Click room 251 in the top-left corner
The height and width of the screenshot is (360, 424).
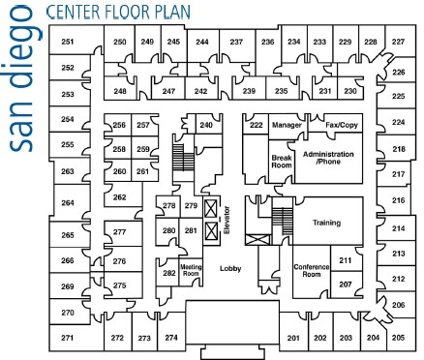[x=68, y=43]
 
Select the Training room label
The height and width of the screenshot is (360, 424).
[x=326, y=224]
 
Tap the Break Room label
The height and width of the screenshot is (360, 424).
[x=281, y=162]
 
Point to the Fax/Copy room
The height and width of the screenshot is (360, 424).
[x=341, y=126]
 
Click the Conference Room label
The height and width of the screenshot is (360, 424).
[x=312, y=271]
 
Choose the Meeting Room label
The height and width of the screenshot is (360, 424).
[x=191, y=270]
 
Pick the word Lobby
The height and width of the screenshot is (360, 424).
[x=230, y=269]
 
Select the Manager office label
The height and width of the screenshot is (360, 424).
[x=288, y=126]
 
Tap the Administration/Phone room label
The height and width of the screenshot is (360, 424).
[x=328, y=158]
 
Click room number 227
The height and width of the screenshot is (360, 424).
[x=398, y=43]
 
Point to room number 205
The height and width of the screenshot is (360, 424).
[x=398, y=337]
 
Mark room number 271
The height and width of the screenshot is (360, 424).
[x=68, y=338]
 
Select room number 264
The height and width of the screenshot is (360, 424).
[x=68, y=203]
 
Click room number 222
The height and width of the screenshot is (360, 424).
[x=256, y=126]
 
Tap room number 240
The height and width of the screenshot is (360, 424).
[x=205, y=126]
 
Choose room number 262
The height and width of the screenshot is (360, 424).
[x=119, y=197]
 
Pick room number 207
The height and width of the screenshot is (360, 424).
[x=345, y=285]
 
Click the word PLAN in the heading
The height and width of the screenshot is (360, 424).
[x=169, y=14]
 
